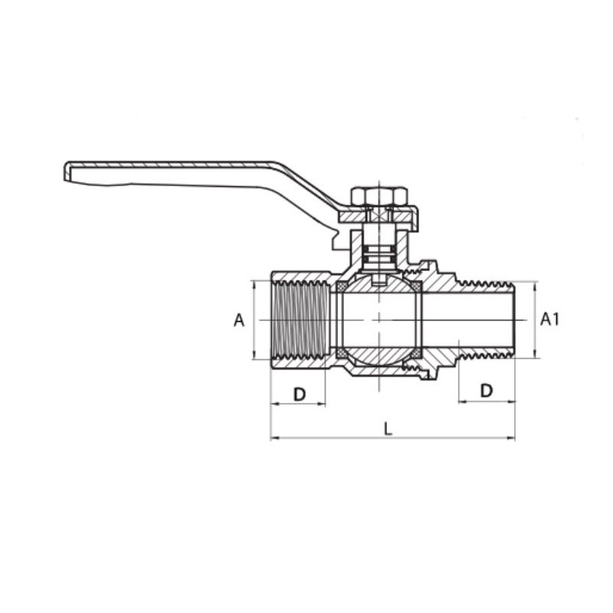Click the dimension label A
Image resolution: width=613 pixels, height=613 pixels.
click(x=239, y=320)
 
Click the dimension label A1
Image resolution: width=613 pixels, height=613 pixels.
click(x=549, y=320)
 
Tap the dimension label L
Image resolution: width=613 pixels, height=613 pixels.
click(x=388, y=428)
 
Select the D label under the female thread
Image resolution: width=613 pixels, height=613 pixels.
click(x=299, y=395)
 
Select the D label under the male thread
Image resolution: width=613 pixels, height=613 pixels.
click(x=487, y=390)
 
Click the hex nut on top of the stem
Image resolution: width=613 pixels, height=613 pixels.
click(x=379, y=197)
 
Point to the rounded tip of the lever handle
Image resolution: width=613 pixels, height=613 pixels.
click(x=67, y=171)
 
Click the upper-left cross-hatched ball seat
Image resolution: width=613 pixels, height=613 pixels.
click(x=341, y=287)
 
